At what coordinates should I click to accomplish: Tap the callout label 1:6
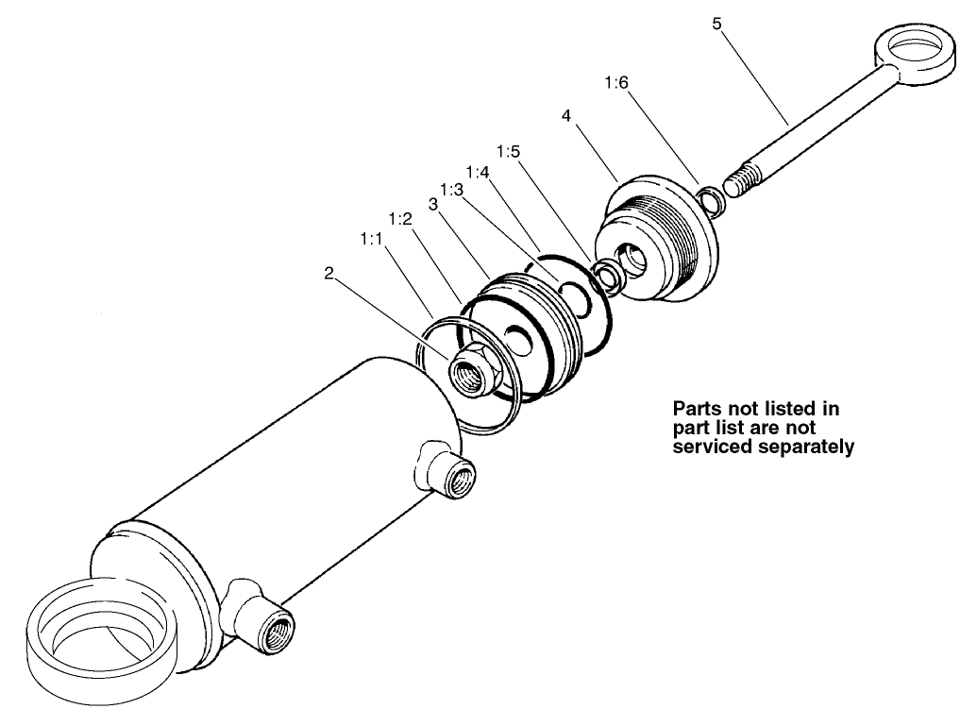616,83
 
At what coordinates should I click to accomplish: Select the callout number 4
565,115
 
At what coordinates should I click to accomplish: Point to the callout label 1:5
507,151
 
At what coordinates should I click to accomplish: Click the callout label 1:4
478,174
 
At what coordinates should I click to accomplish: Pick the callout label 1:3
450,190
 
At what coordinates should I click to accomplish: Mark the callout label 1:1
371,240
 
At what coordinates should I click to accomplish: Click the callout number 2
328,273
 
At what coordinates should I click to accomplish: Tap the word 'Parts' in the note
697,410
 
